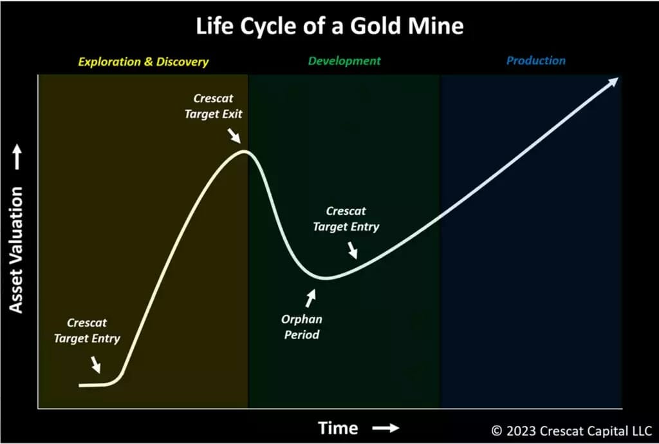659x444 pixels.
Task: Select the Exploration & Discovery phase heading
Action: [x=144, y=62]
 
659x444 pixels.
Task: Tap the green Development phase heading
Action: [x=344, y=61]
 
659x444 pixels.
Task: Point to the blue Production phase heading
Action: [x=536, y=61]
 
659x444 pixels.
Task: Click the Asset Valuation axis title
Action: [x=16, y=251]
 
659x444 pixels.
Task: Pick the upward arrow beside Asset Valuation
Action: [x=17, y=157]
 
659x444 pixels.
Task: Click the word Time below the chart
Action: [x=339, y=429]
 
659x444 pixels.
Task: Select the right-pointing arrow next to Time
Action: [x=386, y=429]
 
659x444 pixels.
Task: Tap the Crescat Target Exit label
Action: [x=214, y=106]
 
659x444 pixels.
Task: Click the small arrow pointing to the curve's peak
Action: [x=234, y=136]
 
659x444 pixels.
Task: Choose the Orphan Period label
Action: [x=301, y=327]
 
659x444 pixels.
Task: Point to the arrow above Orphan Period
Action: [x=311, y=298]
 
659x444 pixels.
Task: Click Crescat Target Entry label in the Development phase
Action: [x=346, y=219]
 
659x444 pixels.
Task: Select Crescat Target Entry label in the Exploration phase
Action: [x=87, y=331]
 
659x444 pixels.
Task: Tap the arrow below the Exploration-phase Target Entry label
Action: [x=96, y=365]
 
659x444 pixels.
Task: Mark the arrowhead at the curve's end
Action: [x=612, y=82]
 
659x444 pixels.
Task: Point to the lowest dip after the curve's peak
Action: [x=327, y=278]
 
